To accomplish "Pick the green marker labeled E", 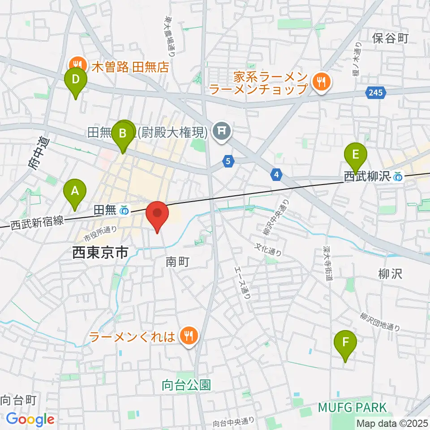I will tap(356, 155).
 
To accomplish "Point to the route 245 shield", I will tap(375, 93).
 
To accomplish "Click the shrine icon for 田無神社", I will tap(221, 131).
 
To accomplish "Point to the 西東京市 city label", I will tap(100, 253).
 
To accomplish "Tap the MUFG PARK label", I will tap(353, 408).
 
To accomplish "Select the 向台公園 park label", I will tap(186, 385).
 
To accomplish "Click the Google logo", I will tap(30, 420).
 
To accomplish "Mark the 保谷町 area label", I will tap(390, 39).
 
